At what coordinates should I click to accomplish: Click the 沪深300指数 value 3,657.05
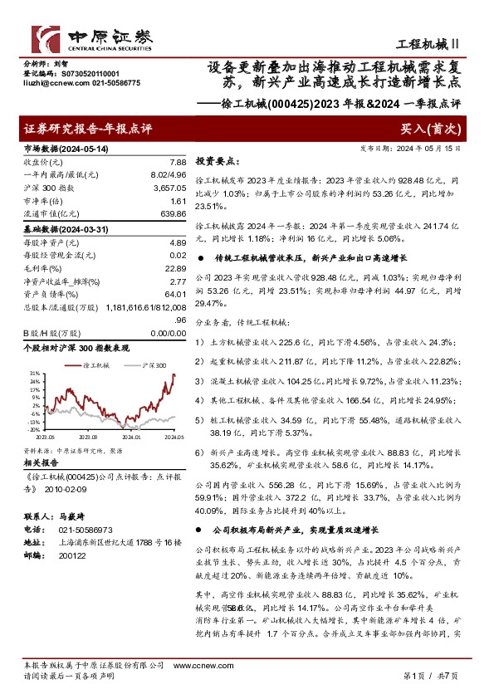(x=170, y=188)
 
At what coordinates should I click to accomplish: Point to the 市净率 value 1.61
(x=178, y=202)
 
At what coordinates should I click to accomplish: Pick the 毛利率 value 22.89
(x=175, y=268)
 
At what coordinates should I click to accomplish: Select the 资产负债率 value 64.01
(x=175, y=295)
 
